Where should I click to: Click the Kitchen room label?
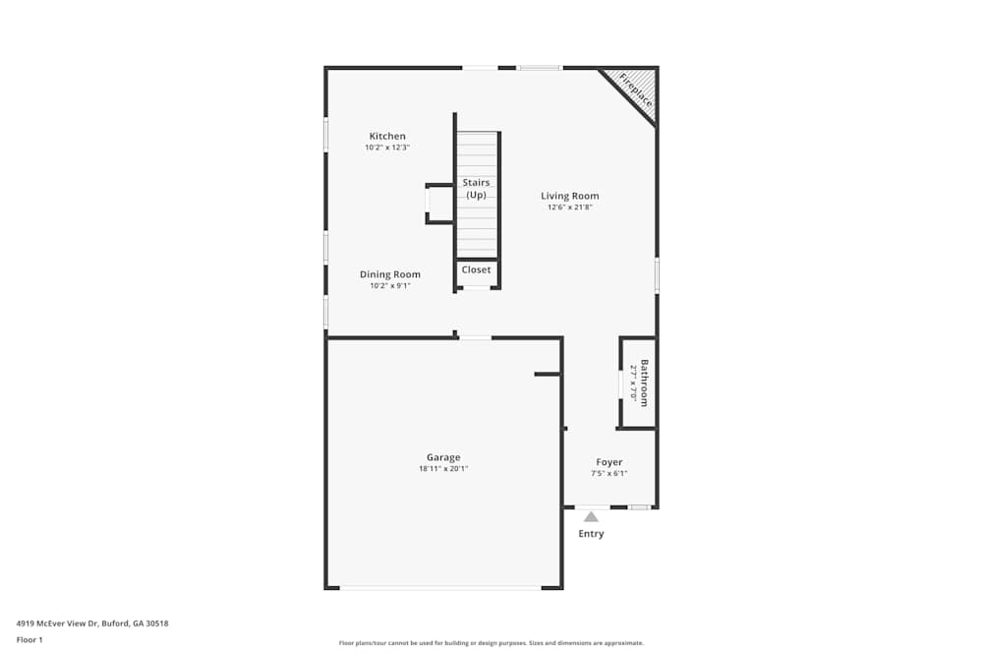point(387,137)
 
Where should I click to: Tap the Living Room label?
point(569,196)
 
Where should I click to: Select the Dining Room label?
point(389,274)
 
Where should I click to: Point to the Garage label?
point(443,457)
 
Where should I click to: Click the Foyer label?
point(609,462)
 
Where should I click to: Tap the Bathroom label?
point(645,383)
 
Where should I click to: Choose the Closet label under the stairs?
point(477,269)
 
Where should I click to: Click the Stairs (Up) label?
point(477,189)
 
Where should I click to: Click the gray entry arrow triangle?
point(591,516)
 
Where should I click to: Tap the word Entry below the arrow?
point(591,534)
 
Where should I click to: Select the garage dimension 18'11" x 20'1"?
point(443,469)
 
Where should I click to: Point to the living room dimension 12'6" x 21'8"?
point(569,208)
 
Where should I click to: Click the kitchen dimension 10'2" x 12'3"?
point(387,148)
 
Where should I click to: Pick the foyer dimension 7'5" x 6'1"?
point(609,473)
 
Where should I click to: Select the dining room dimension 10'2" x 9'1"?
point(389,286)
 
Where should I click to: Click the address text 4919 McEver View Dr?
point(91,623)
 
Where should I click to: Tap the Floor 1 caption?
point(29,639)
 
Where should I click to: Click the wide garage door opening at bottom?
point(440,588)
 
